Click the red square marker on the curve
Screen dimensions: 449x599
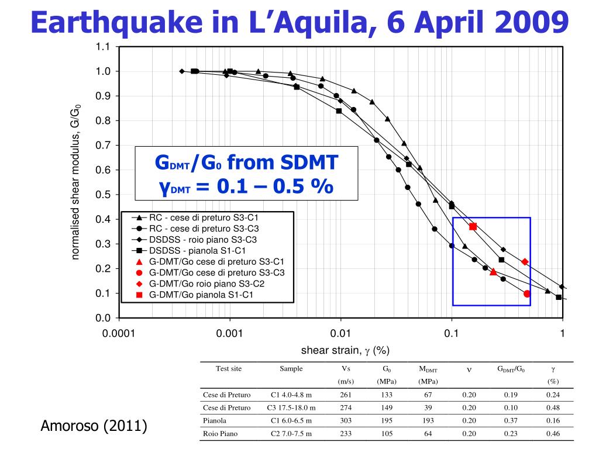pos(473,226)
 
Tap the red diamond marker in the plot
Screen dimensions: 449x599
pos(525,262)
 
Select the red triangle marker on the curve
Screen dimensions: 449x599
pos(493,272)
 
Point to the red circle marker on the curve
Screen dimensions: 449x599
pos(527,294)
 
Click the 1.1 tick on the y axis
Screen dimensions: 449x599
pos(103,47)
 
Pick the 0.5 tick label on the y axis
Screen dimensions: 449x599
pos(103,195)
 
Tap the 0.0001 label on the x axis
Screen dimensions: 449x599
pos(119,334)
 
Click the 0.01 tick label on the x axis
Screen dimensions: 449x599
pos(340,334)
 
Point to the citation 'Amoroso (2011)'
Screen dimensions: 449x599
pos(93,426)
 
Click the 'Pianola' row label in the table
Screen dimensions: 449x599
pos(215,420)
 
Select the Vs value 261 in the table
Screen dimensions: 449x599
pos(346,395)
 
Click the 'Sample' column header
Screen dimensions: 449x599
pos(291,369)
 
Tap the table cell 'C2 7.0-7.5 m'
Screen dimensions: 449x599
pos(291,434)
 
